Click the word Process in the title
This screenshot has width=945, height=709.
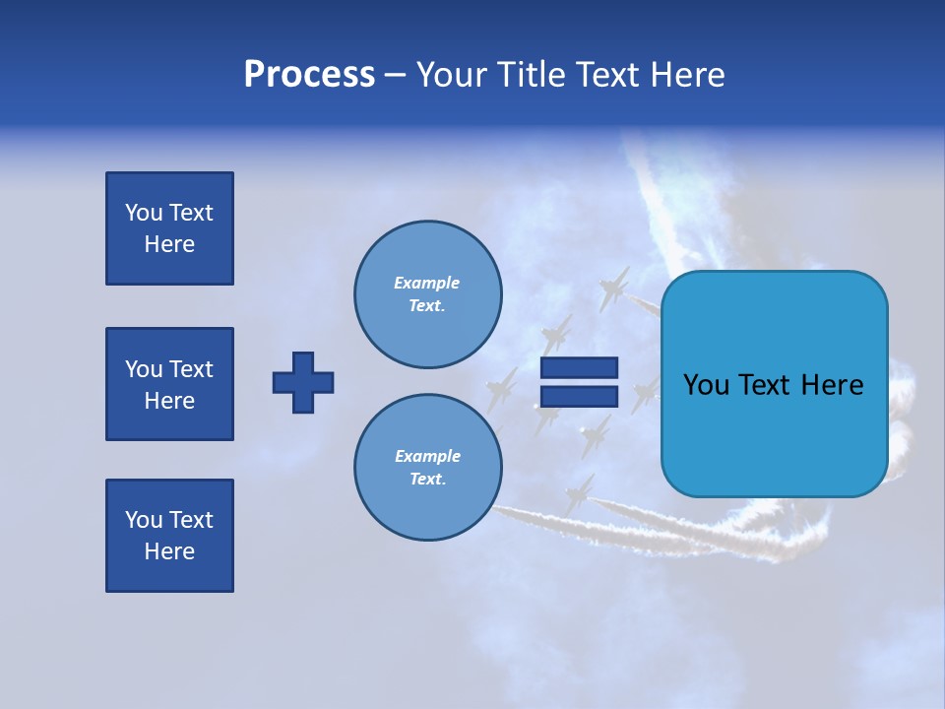click(x=309, y=75)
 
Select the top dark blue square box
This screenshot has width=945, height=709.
click(x=169, y=228)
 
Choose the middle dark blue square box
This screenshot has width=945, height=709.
click(x=169, y=384)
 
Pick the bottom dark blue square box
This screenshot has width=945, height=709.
click(x=169, y=536)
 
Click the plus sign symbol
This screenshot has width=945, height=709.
click(x=303, y=382)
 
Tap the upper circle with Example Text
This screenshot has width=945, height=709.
click(x=427, y=294)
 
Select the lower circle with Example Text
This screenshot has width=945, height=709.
click(x=427, y=468)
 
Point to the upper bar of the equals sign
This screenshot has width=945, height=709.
click(x=579, y=367)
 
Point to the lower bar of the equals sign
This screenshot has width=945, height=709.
click(x=579, y=397)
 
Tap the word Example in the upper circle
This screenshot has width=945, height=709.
click(x=426, y=283)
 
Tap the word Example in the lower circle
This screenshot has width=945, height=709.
click(x=427, y=456)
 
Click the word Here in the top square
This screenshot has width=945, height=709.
click(x=169, y=244)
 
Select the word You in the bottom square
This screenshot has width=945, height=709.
click(x=144, y=520)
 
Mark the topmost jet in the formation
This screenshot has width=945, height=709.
click(x=615, y=288)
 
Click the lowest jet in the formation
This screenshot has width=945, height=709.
click(x=579, y=492)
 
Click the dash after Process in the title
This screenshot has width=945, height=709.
click(x=396, y=76)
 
